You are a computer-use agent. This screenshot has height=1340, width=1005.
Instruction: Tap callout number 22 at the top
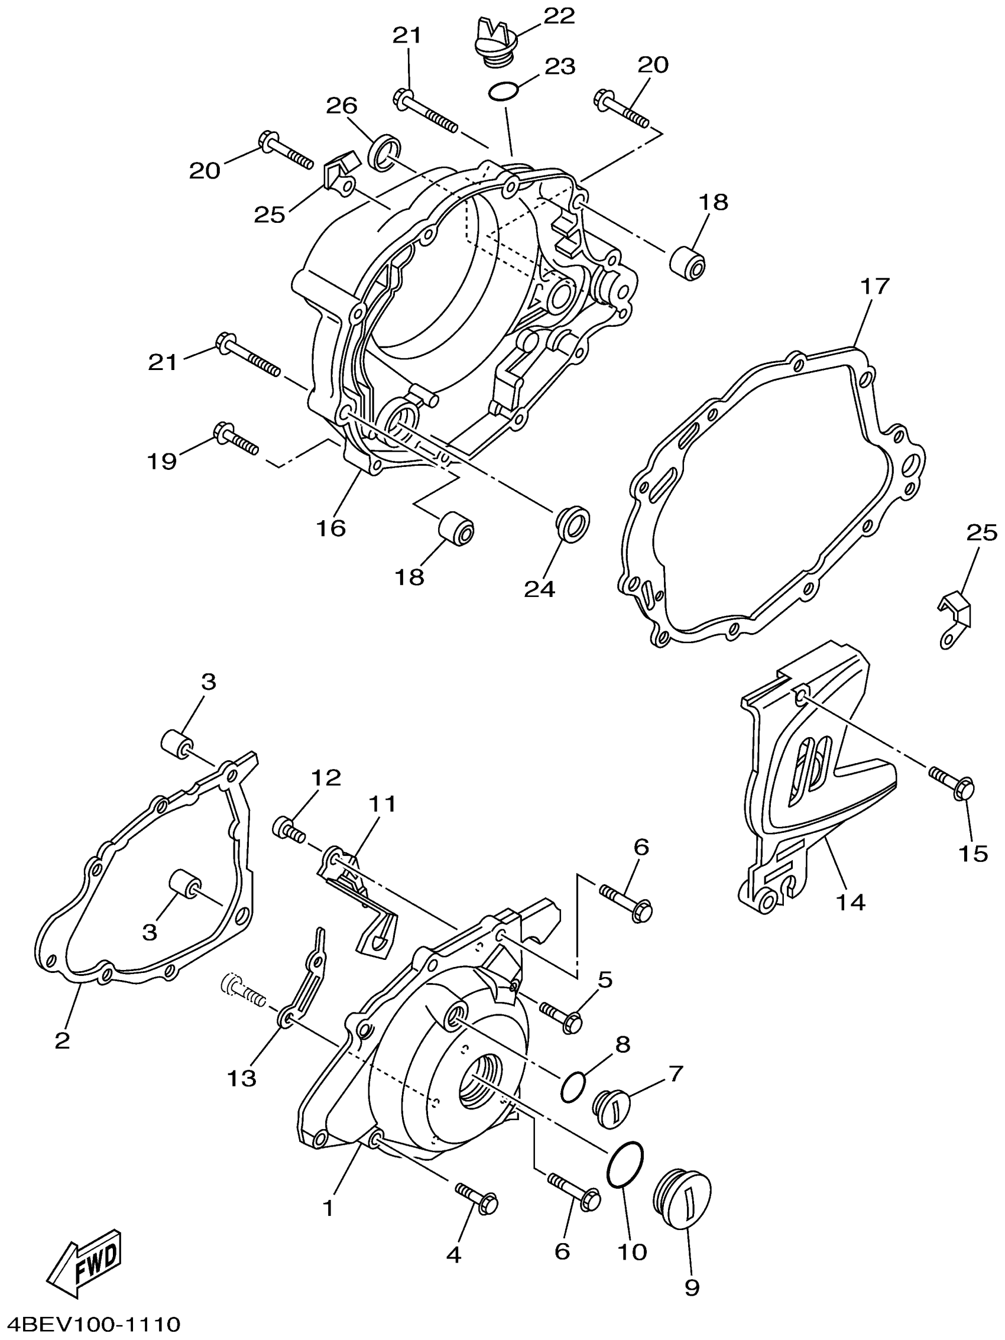pos(558,17)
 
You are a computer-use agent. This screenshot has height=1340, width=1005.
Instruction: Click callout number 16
pos(330,528)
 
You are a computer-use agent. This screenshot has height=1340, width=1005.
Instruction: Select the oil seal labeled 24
pos(572,521)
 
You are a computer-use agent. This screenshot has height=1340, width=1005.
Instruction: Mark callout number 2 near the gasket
pos(63,1040)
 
